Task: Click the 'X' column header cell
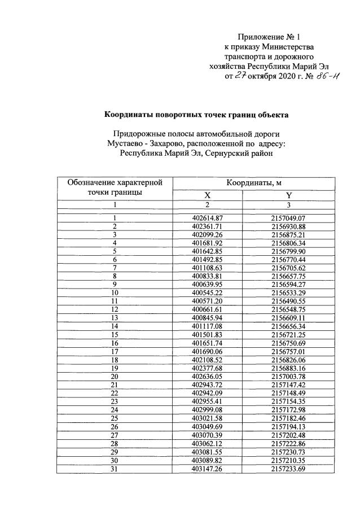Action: tap(207, 195)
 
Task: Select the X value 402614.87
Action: tap(207, 218)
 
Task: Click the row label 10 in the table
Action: tap(115, 293)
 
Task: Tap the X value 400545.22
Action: tap(207, 293)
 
